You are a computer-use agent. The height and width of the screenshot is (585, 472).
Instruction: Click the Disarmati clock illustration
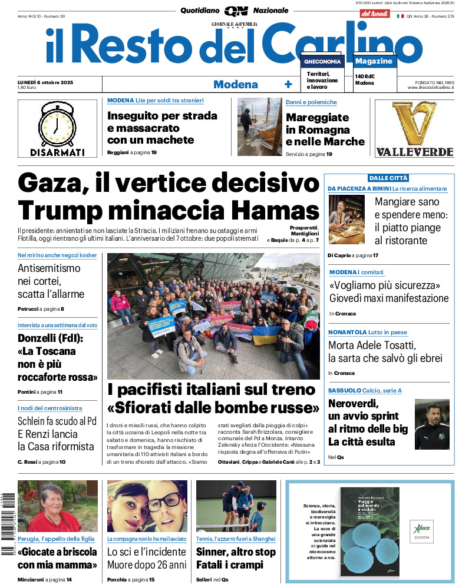(57, 124)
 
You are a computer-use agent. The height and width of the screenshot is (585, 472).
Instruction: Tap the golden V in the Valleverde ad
(414, 122)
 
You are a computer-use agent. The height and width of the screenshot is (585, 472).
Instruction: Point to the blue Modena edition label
(235, 84)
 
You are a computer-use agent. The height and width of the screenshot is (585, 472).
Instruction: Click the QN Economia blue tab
(322, 61)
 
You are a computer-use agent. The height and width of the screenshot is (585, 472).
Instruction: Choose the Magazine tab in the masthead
(374, 61)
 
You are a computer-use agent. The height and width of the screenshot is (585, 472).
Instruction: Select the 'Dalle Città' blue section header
(388, 178)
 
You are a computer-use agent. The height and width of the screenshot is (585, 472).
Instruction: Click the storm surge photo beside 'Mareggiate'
(259, 127)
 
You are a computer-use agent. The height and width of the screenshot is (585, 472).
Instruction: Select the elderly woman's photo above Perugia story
(58, 506)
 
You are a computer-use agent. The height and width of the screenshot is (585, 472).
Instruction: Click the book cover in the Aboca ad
(369, 532)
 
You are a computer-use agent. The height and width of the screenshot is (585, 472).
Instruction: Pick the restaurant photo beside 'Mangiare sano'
(346, 220)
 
